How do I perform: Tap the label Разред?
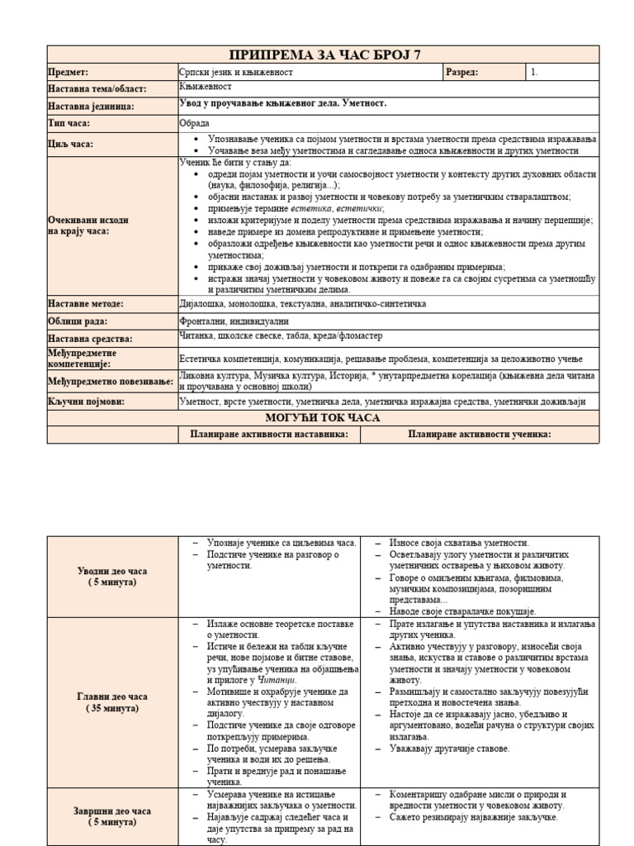click(461, 73)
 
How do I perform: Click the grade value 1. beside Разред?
click(535, 73)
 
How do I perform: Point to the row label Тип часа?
click(69, 123)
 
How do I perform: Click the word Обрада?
click(194, 122)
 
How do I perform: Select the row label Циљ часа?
click(70, 144)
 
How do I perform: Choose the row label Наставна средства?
click(90, 339)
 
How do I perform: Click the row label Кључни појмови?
click(86, 402)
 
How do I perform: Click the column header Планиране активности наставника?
click(269, 435)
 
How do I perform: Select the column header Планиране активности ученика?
click(480, 435)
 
